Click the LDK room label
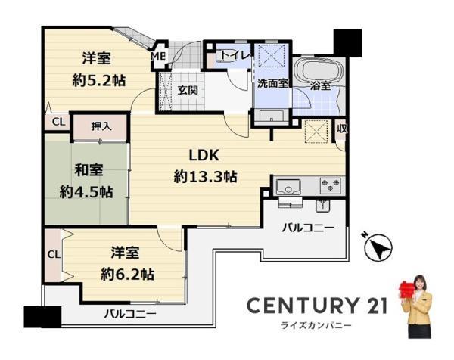coord(204,155)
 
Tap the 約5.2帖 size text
coord(98,81)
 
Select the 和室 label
coord(89,169)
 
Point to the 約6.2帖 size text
coord(127,274)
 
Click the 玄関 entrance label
coord(188,90)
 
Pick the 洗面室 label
coord(272,84)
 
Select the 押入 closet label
coord(101,126)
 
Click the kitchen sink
coord(288,187)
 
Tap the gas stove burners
coord(331,185)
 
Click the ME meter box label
coord(159,56)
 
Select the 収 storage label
coord(342,129)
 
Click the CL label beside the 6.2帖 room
coord(54,255)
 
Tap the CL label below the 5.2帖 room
coord(59,122)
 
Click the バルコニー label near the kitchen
coord(308,228)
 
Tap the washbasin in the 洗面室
coord(271,116)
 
